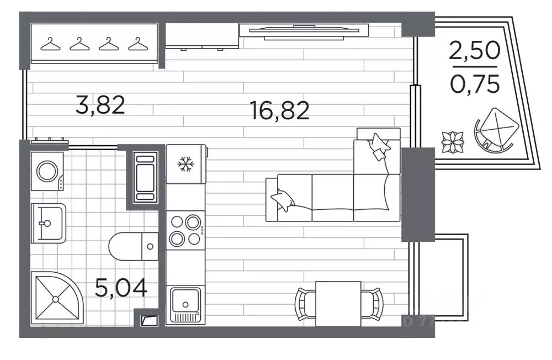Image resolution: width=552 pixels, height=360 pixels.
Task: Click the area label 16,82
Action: click(x=279, y=111)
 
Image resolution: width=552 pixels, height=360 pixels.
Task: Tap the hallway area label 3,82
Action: click(x=101, y=105)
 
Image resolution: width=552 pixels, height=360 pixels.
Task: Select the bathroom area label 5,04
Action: click(x=121, y=288)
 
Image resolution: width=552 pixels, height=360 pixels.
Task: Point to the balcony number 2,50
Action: click(x=474, y=52)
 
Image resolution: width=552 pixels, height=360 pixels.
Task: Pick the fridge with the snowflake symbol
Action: click(x=185, y=164)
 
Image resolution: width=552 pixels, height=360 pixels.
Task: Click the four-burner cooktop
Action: click(x=185, y=230)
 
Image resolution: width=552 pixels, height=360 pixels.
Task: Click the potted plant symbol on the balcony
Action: click(x=453, y=141)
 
